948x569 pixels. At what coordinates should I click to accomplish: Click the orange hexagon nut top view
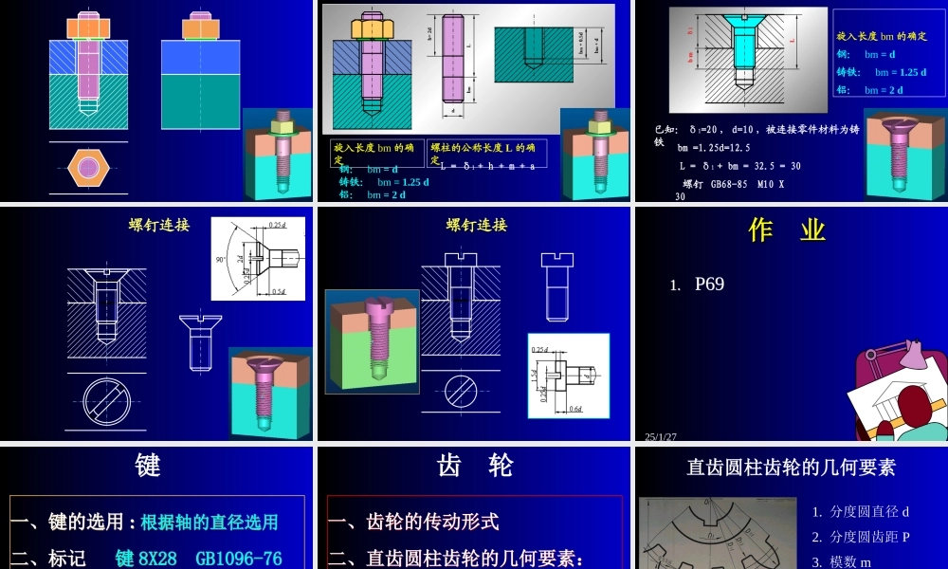point(88,169)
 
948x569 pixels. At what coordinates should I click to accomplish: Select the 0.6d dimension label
point(575,409)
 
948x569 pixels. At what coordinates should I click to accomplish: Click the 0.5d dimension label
point(279,291)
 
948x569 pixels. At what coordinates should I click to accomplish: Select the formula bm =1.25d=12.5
point(713,147)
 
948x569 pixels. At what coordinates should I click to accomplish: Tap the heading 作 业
point(787,230)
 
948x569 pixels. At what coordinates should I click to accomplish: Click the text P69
point(709,284)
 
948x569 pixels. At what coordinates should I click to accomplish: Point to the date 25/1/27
point(661,437)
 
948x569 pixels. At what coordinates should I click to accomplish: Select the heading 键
point(148,466)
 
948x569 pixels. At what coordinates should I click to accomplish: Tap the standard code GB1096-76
point(238,559)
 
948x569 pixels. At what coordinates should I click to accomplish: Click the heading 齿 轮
point(475,466)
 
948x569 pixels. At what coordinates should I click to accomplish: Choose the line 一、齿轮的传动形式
point(413,522)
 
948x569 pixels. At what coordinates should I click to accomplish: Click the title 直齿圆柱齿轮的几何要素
point(791,467)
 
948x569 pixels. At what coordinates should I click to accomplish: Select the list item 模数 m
point(850,561)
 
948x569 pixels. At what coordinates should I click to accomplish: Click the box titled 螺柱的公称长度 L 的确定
point(486,153)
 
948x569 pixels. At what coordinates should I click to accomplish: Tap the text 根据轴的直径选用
point(210,522)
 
